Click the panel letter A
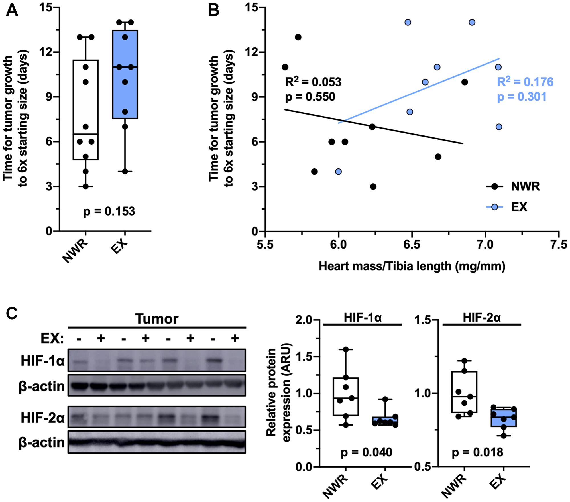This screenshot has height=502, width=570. point(12,11)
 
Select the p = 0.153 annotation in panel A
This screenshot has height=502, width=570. point(109,211)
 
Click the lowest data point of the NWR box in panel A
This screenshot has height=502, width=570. point(85,187)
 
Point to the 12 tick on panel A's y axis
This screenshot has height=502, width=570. point(46,52)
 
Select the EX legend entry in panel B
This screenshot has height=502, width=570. point(507,207)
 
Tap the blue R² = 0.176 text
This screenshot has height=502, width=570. point(525,82)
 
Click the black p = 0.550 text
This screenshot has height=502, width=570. point(310,97)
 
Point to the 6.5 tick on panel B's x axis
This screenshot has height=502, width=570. point(412,245)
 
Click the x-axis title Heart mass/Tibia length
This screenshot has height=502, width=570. point(412,266)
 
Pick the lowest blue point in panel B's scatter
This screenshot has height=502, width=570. point(338,172)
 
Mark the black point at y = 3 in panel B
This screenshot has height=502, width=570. point(373,187)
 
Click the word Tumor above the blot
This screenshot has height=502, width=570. point(156,319)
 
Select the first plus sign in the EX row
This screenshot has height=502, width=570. point(101,338)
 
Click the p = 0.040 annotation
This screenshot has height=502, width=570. point(366,452)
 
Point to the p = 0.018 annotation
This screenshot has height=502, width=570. point(477,452)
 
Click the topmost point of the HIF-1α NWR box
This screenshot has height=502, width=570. point(346,349)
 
